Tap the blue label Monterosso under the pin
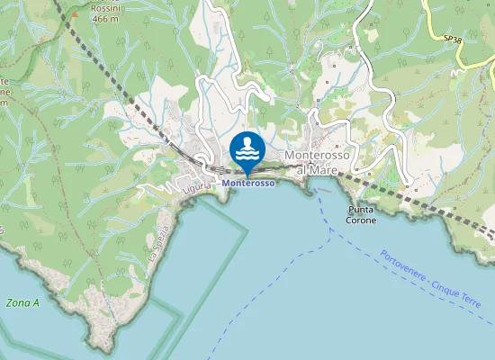click(247, 184)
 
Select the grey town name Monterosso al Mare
click(322, 161)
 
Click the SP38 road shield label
click(453, 39)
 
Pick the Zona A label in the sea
click(22, 303)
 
